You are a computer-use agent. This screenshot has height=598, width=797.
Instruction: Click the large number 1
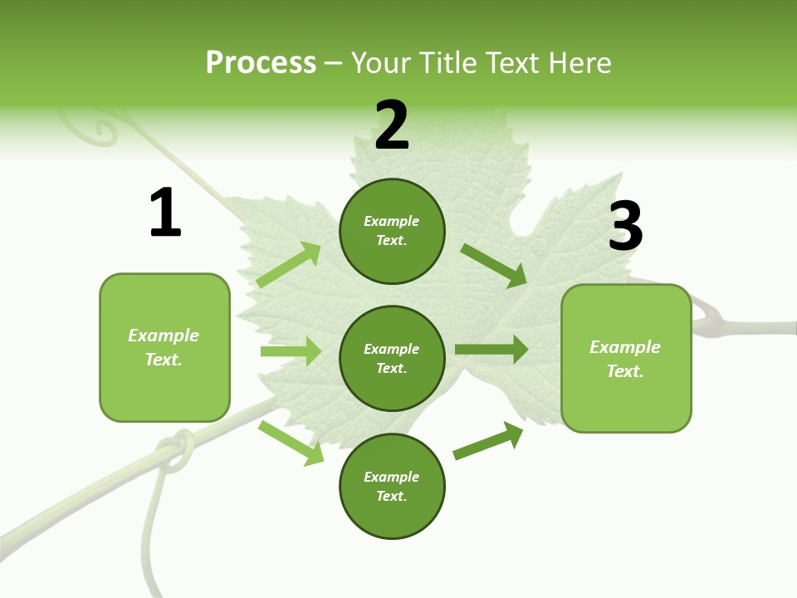[x=165, y=213]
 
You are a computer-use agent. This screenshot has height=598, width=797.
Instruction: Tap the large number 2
[x=392, y=125]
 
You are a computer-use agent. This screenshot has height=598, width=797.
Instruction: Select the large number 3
[x=625, y=226]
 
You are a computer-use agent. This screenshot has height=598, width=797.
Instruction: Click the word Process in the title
[x=261, y=62]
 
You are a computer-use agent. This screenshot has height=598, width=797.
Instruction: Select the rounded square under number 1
[x=164, y=347]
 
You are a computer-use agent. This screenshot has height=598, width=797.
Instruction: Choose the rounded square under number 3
[x=626, y=358]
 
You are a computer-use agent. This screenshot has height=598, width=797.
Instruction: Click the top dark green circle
[x=392, y=231]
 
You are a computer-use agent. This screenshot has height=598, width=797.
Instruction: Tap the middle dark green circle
[x=392, y=358]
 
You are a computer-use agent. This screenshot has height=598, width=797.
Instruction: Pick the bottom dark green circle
[x=392, y=486]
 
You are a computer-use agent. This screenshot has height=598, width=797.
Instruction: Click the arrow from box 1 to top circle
[x=289, y=265]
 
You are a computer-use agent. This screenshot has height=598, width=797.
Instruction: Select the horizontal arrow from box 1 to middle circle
[x=291, y=351]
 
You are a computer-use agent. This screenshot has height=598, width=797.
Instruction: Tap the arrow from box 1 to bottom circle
[x=291, y=443]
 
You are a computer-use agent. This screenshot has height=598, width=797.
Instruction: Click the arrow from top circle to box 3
[x=494, y=265]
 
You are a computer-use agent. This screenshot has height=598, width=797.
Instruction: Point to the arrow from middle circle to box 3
[x=491, y=349]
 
